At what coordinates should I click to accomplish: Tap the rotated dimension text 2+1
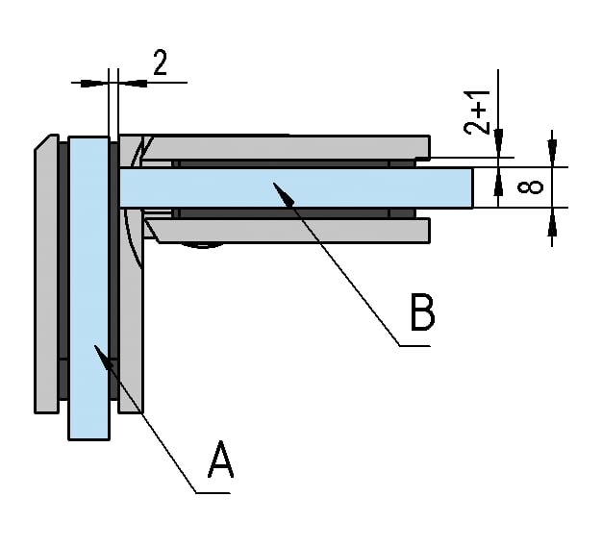[x=478, y=113]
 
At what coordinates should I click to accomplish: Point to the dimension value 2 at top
[x=161, y=63]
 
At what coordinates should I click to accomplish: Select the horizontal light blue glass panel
[x=288, y=186]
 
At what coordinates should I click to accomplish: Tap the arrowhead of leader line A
[x=100, y=353]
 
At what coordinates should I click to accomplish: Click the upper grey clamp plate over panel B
[x=288, y=146]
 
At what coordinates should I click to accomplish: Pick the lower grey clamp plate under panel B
[x=288, y=230]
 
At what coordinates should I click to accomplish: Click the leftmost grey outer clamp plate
[x=47, y=279]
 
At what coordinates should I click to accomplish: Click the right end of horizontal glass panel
[x=471, y=186]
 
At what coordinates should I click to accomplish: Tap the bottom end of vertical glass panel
[x=88, y=435]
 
